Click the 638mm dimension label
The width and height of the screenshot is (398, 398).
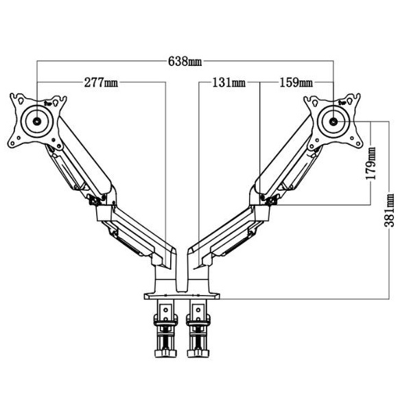point(185,62)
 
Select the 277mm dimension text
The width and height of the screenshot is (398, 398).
point(101,82)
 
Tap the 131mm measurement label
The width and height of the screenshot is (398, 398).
point(229,82)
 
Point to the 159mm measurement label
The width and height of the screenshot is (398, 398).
point(296,82)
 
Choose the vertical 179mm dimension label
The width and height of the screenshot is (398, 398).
point(371,163)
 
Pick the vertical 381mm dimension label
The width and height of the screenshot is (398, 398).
point(389,210)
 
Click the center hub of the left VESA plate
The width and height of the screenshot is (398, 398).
point(37,121)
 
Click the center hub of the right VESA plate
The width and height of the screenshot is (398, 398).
point(333,121)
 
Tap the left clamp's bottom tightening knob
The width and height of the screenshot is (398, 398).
point(165,353)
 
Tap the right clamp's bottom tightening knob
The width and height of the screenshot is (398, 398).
point(198,353)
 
